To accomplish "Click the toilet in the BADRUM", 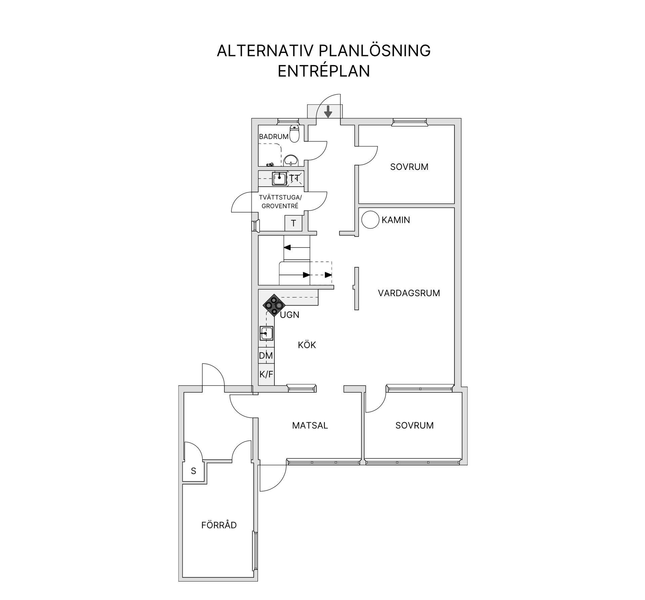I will (294, 134).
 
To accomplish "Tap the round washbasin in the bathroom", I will (291, 160).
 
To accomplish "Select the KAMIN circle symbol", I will (370, 220).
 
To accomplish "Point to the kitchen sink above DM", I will (266, 334).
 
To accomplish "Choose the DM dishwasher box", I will (266, 356).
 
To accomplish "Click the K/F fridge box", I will (266, 374).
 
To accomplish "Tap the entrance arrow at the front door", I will (328, 111).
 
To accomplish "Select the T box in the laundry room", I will (293, 223).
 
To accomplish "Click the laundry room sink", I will (279, 178).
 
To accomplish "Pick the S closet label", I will (193, 471).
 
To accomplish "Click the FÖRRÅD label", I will (219, 525).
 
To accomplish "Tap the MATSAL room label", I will (310, 425).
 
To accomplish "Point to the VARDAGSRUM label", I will (409, 293).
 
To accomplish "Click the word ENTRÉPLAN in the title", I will (324, 71).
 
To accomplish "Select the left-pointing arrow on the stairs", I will (288, 248).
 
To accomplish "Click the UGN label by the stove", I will (290, 315).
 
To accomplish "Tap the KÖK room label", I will (307, 345).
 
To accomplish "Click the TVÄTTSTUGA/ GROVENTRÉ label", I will (280, 202).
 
